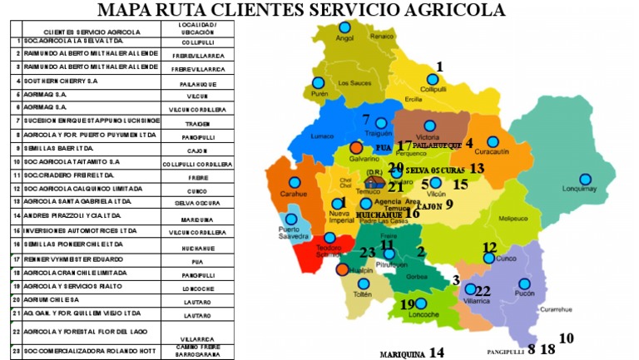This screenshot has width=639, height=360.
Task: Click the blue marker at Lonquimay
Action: (x=585, y=179)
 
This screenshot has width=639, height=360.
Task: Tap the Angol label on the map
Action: (x=344, y=38)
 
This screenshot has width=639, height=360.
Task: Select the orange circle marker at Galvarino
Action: (x=356, y=146)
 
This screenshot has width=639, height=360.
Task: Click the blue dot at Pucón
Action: (x=524, y=283)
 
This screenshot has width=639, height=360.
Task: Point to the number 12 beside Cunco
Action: (x=490, y=247)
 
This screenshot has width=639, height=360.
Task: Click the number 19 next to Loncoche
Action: (x=407, y=304)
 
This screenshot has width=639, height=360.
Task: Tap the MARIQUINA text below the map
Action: (x=402, y=352)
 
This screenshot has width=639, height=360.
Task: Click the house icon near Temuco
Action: (x=376, y=180)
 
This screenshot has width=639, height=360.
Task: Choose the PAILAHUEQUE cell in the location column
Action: (x=198, y=83)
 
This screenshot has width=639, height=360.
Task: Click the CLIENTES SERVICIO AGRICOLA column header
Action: (x=92, y=31)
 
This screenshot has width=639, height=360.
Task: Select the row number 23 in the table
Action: (x=16, y=351)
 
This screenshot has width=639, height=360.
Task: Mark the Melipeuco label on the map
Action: (x=513, y=219)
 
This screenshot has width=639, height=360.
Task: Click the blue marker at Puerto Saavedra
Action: (x=291, y=219)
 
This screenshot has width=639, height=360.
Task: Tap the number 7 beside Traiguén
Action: (x=366, y=119)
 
